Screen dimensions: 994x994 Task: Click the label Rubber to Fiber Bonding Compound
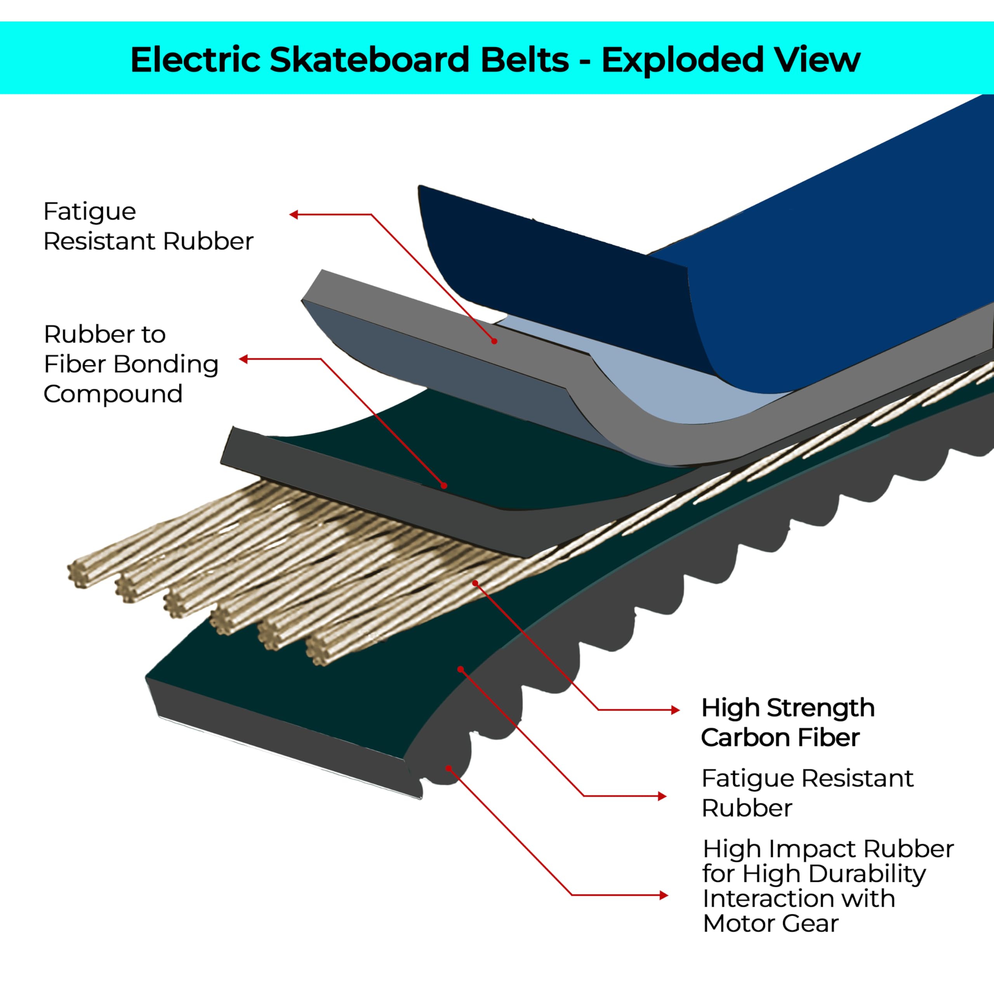131,364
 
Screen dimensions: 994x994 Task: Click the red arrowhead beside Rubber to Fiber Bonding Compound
244,359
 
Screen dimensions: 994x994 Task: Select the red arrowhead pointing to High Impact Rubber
664,896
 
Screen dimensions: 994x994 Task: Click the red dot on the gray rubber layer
494,341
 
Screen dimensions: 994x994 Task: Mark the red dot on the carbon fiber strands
475,583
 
